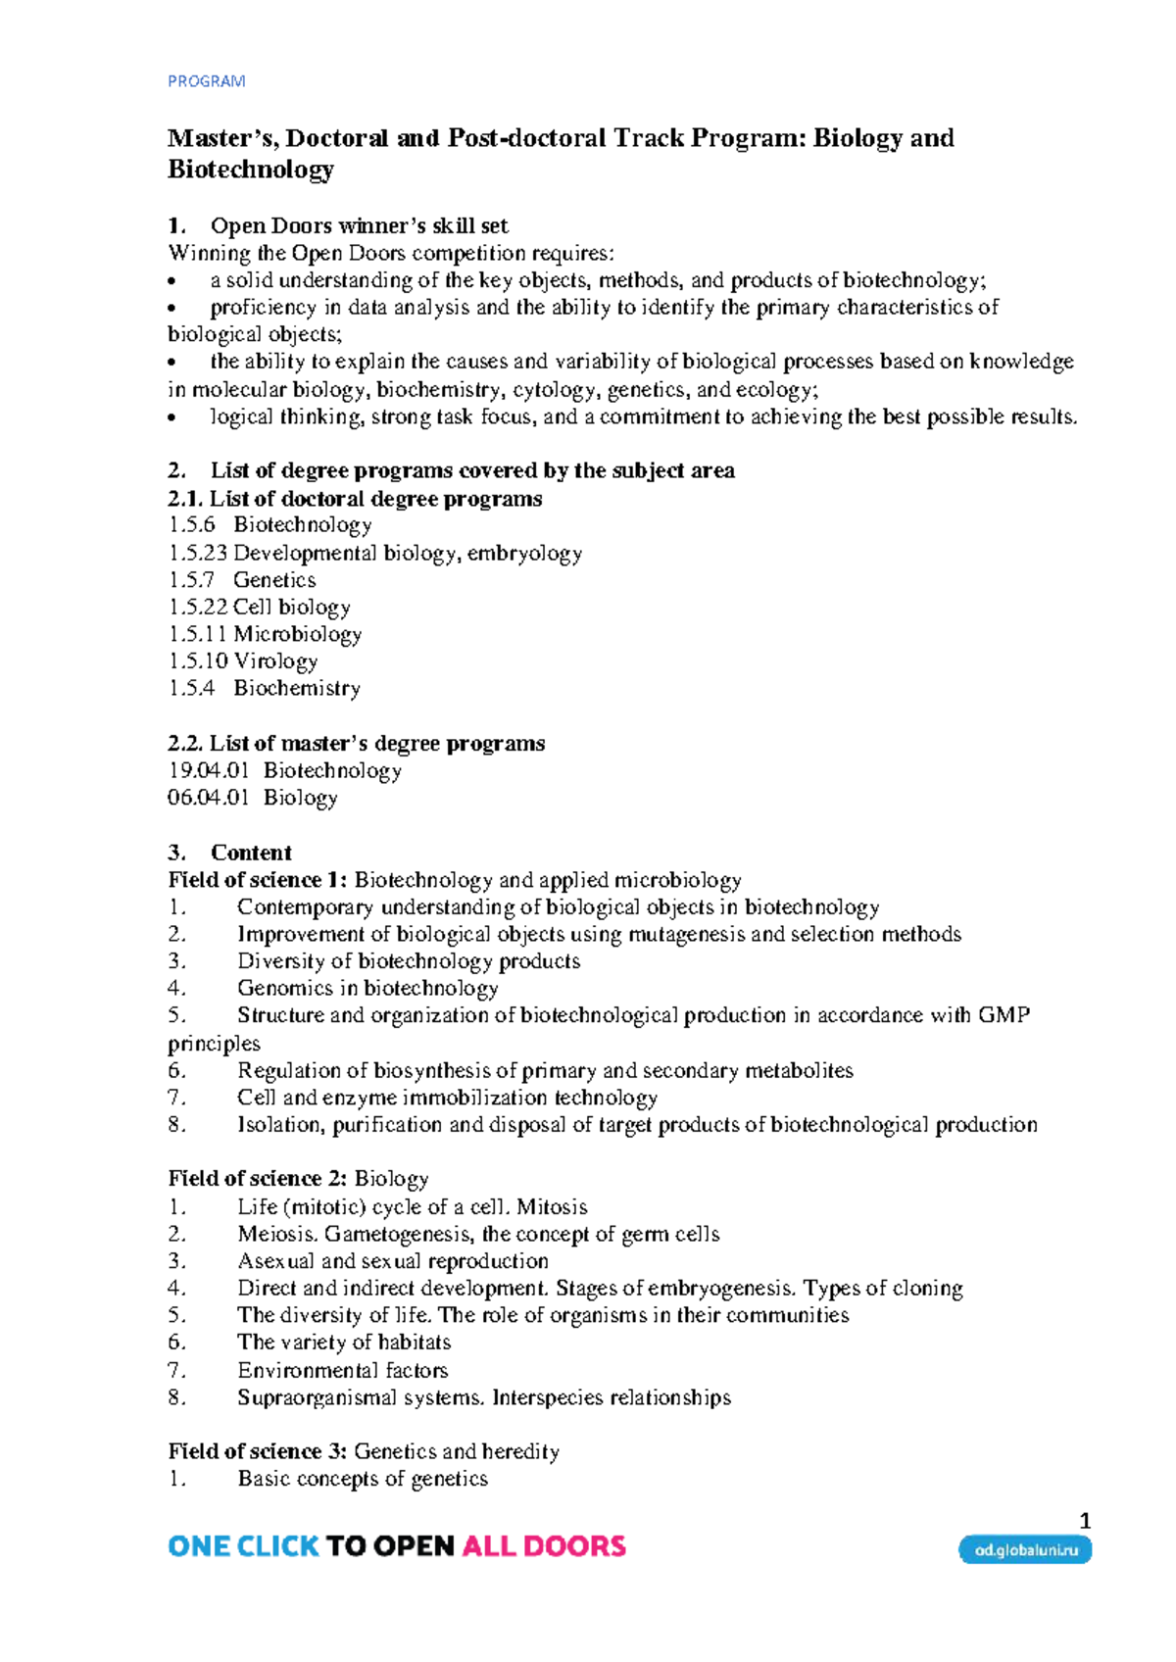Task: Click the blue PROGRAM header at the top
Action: coord(206,81)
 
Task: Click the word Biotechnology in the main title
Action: coord(251,170)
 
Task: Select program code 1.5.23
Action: coord(197,553)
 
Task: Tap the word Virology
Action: coord(275,661)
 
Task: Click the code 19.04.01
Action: coord(208,771)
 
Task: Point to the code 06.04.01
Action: coord(208,798)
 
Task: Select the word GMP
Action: coord(1004,1015)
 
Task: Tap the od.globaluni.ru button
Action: coord(1025,1550)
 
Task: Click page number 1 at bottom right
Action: coord(1084,1521)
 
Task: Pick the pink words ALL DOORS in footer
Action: coord(543,1547)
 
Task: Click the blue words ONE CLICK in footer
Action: coord(243,1547)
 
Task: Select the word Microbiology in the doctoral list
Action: coord(297,634)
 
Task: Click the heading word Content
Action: coord(251,853)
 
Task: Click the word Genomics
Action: coord(283,989)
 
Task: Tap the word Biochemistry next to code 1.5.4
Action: coord(297,689)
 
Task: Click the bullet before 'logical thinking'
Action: coord(173,418)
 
